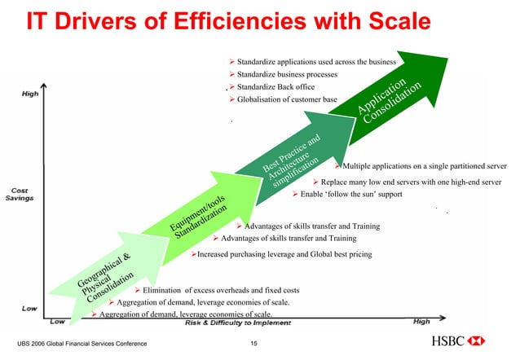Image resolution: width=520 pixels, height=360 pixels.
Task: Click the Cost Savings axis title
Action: [21, 195]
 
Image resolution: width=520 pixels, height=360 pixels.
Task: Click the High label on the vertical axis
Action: [29, 94]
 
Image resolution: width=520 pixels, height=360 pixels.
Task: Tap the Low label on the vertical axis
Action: [29, 310]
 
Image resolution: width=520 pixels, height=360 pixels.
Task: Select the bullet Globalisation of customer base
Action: [287, 99]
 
